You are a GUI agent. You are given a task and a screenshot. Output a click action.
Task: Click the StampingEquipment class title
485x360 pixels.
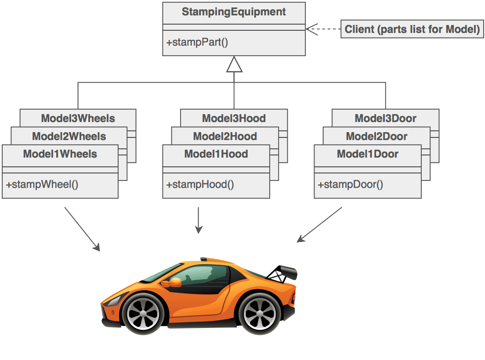pyautogui.click(x=234, y=12)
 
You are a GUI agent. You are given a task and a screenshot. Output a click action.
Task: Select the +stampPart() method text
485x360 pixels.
pyautogui.click(x=197, y=43)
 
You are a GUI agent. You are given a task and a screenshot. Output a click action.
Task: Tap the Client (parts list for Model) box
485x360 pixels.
pyautogui.click(x=412, y=29)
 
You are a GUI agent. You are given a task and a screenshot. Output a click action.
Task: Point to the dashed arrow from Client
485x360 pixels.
pyautogui.click(x=323, y=29)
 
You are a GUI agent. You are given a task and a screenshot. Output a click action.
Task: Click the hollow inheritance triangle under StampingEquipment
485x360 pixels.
pyautogui.click(x=234, y=65)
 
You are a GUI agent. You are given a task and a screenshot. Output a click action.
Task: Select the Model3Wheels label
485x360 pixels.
pyautogui.click(x=78, y=118)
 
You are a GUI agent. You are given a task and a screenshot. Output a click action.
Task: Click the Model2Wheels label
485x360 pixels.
pyautogui.click(x=69, y=136)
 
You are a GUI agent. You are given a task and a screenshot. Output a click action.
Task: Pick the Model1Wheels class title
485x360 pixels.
pyautogui.click(x=60, y=154)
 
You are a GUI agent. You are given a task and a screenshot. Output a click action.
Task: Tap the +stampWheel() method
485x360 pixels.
pyautogui.click(x=42, y=184)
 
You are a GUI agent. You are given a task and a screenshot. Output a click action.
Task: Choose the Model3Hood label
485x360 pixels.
pyautogui.click(x=234, y=118)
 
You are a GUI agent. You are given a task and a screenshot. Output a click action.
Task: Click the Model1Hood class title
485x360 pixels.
pyautogui.click(x=216, y=154)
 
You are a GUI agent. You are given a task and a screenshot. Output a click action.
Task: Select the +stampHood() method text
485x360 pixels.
pyautogui.click(x=200, y=184)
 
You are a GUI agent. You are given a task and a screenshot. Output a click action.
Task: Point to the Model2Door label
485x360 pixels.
pyautogui.click(x=376, y=136)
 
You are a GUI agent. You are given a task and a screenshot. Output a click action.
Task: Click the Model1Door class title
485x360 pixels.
pyautogui.click(x=368, y=154)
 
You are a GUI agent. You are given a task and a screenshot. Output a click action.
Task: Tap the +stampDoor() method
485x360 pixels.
pyautogui.click(x=351, y=184)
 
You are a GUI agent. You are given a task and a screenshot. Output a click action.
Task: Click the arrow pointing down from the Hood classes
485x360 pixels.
pyautogui.click(x=199, y=220)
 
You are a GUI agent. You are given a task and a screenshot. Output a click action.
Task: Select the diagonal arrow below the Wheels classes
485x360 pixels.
pyautogui.click(x=83, y=229)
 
